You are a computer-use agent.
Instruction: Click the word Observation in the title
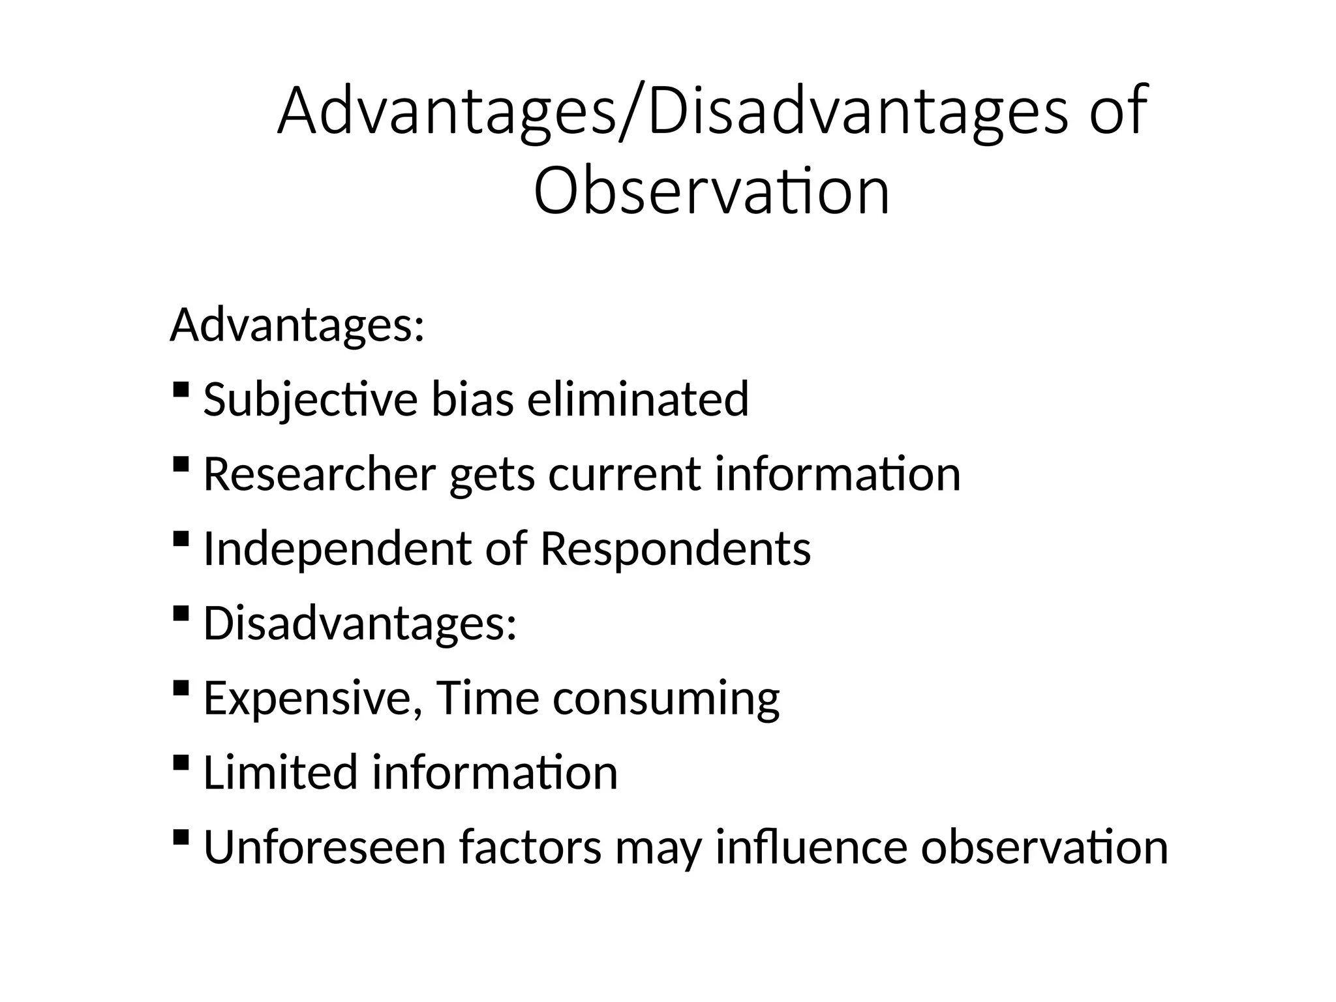(x=711, y=191)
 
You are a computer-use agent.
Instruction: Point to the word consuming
(x=665, y=697)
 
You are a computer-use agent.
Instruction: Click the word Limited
(x=281, y=772)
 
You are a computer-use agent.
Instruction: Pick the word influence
(x=811, y=846)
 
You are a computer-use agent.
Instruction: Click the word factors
(x=530, y=846)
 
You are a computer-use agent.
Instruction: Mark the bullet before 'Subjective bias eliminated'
(x=181, y=391)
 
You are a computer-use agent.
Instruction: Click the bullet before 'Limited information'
(x=181, y=763)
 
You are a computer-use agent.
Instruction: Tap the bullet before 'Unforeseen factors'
(x=181, y=837)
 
